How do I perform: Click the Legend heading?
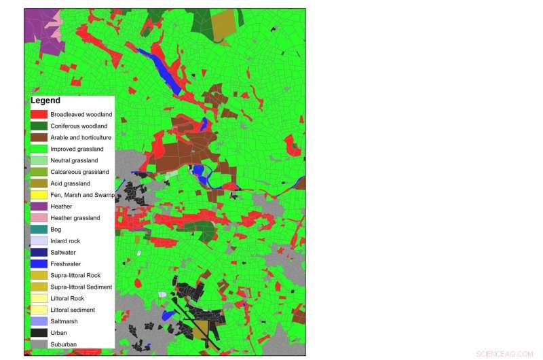pos(45,101)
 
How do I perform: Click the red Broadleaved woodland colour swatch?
pos(39,114)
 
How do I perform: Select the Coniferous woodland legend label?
pos(79,126)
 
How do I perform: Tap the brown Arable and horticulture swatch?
pos(39,137)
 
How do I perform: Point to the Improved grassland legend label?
pos(77,149)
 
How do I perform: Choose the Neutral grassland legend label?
pos(74,160)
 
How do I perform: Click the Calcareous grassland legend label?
pos(79,172)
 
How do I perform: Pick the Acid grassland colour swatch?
pos(39,183)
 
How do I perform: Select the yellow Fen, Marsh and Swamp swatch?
pos(39,195)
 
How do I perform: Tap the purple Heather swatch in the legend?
pos(39,206)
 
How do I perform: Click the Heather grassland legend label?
pos(75,218)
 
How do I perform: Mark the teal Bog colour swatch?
pos(39,230)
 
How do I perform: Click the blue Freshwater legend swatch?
pos(39,264)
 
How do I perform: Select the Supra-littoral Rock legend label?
pos(75,275)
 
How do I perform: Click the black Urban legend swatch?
pos(39,333)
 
